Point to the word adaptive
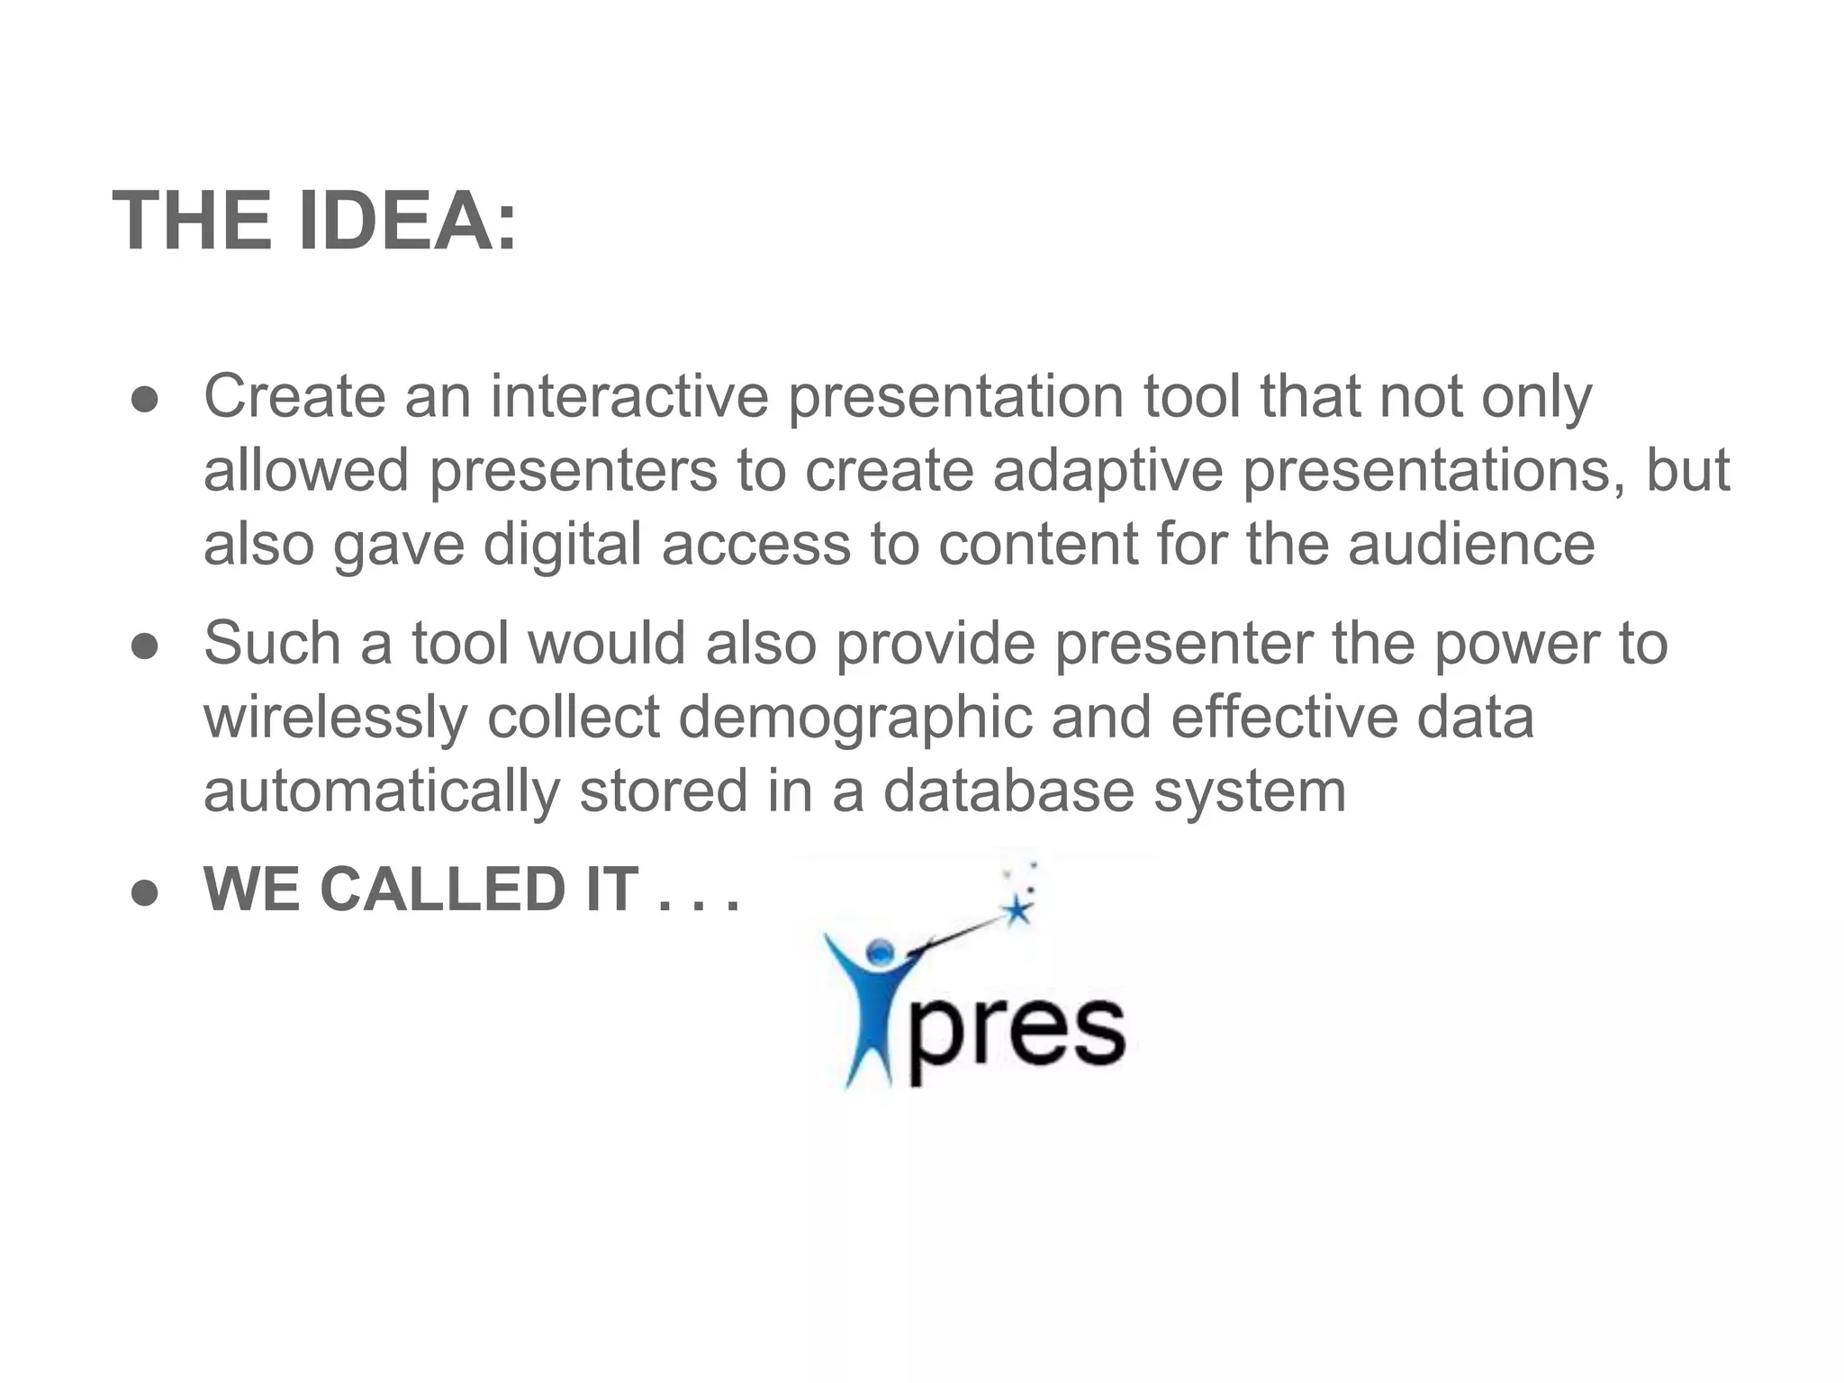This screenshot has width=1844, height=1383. click(x=1107, y=471)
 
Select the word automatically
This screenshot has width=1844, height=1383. click(x=382, y=791)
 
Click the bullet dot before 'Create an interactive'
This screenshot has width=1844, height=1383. click(x=144, y=401)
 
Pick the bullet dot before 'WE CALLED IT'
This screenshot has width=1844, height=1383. click(x=144, y=893)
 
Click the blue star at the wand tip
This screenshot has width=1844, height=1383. click(x=1018, y=910)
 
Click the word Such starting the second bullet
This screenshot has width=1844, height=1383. click(x=272, y=644)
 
